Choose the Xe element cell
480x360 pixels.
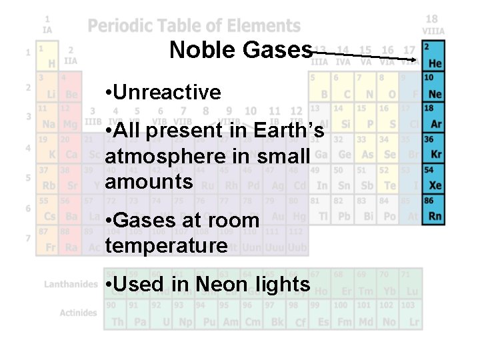coord(434,177)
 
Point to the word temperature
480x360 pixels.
coord(166,245)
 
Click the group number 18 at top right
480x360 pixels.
coord(432,19)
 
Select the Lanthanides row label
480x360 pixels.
coord(71,284)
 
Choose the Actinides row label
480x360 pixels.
coord(78,313)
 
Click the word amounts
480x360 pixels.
coord(149,181)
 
